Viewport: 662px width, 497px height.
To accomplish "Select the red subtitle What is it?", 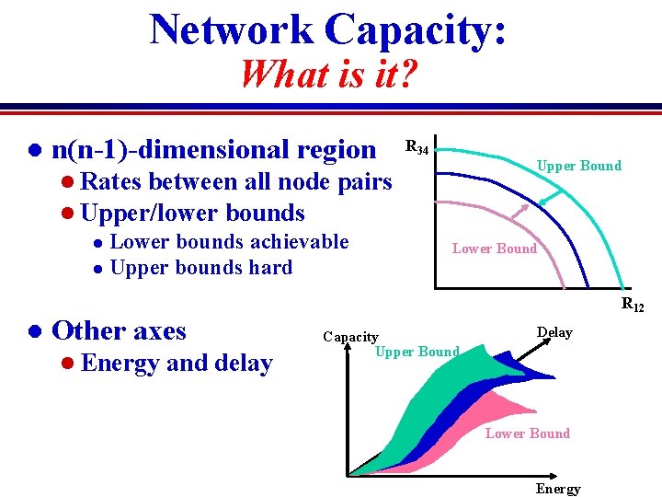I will click(x=328, y=73).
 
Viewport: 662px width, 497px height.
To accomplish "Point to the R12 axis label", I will click(x=633, y=305).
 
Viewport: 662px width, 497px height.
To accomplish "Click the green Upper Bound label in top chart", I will click(x=578, y=166).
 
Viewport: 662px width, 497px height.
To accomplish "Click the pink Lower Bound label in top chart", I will click(x=494, y=248).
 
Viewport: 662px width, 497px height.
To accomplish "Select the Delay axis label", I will click(x=554, y=332).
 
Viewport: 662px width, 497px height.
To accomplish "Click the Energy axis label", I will click(x=558, y=489).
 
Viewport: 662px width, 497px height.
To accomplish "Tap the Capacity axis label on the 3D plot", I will click(x=350, y=337).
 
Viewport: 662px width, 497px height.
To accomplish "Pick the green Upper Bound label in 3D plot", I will click(x=417, y=352).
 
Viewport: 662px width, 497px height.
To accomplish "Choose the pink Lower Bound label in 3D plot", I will click(x=527, y=433).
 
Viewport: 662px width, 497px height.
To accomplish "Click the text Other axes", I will click(x=120, y=330).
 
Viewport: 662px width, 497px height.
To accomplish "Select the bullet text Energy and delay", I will click(x=176, y=364).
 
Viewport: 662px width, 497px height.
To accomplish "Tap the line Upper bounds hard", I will click(x=200, y=268).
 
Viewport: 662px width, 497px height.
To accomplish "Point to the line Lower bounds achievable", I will click(x=229, y=241).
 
